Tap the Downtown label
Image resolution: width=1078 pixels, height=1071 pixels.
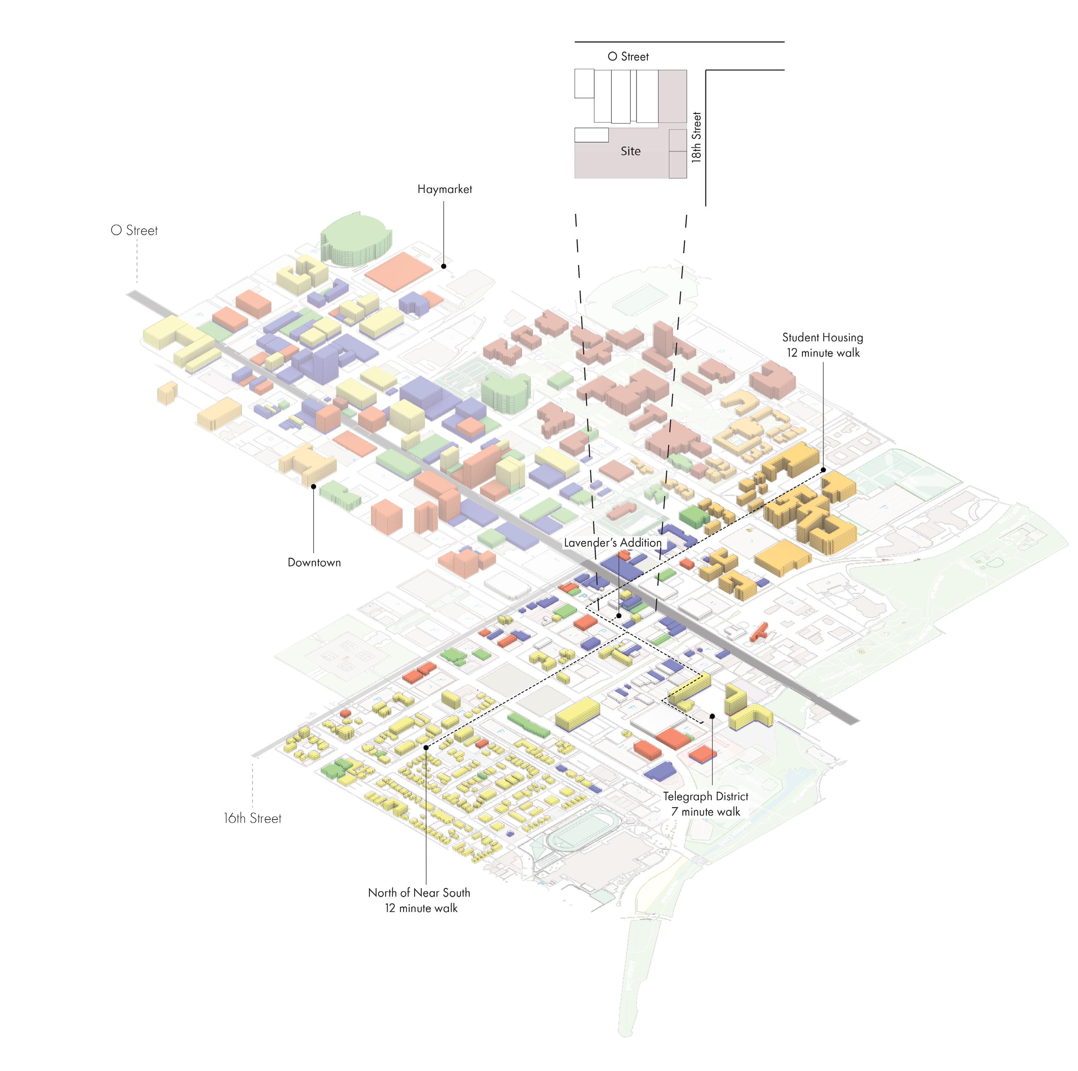(x=314, y=562)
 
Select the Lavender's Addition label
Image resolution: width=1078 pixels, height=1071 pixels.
(x=612, y=543)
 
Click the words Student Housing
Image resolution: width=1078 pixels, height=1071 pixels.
(x=823, y=338)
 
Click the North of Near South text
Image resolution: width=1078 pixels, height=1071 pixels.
(x=419, y=893)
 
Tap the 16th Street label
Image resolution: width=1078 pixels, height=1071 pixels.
(x=253, y=818)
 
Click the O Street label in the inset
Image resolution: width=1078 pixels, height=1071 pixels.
(x=628, y=57)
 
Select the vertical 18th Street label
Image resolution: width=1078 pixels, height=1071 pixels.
(x=696, y=137)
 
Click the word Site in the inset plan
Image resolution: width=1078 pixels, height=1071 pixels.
(x=631, y=151)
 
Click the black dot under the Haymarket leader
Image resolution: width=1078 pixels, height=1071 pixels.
(x=444, y=267)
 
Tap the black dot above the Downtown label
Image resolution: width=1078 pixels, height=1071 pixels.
(x=314, y=487)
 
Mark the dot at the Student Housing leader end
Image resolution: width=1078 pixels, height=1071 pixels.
(x=823, y=470)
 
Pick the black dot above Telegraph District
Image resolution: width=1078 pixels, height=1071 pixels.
(x=712, y=716)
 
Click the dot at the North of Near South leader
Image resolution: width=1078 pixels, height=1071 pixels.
(x=426, y=747)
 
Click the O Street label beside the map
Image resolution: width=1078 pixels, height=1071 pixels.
(x=135, y=230)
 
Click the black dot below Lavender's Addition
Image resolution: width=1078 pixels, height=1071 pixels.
(x=618, y=616)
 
